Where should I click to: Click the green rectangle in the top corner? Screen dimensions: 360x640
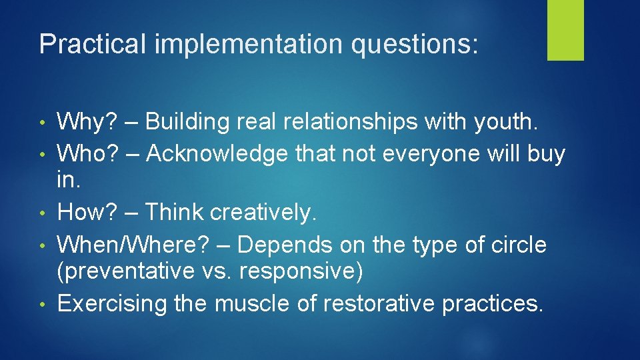click(565, 30)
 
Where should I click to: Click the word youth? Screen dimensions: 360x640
click(511, 121)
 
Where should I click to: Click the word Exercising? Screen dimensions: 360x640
click(113, 303)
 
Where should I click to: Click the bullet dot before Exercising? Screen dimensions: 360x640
click(43, 305)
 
